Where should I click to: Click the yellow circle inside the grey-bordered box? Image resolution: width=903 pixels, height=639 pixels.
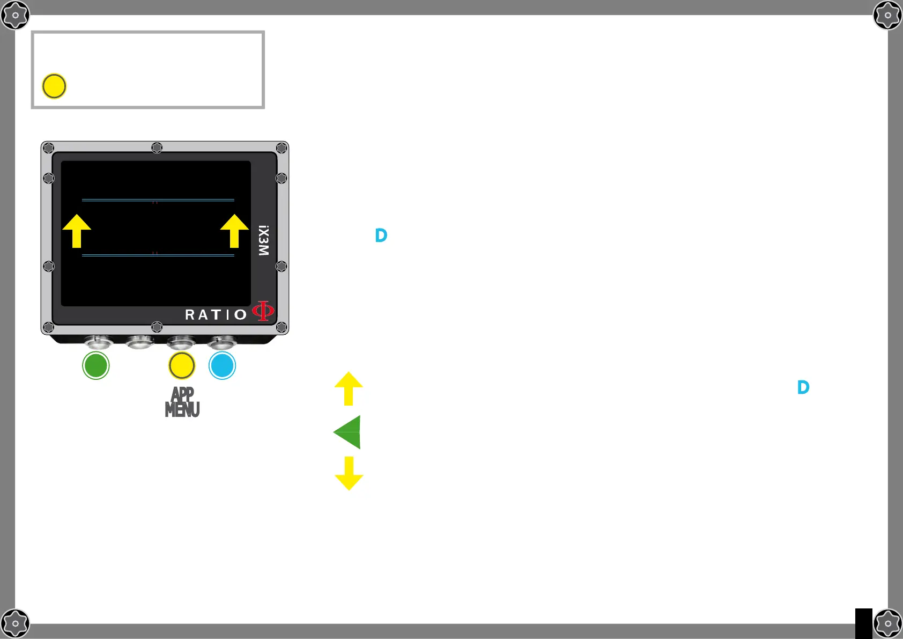coord(54,86)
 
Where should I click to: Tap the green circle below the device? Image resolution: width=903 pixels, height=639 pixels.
coord(96,365)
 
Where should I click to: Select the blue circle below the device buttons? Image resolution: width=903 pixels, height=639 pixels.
coord(222,365)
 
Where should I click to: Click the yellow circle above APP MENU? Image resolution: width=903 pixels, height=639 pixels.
coord(182,365)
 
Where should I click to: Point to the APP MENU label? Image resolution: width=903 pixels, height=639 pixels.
coord(182,402)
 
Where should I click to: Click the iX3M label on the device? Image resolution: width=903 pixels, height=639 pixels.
coord(263,240)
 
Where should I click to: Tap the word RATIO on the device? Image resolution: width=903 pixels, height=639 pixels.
coord(216,314)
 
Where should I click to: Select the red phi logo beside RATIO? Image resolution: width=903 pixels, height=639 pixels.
coord(263,311)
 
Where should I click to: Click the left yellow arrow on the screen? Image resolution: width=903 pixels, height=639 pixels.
coord(77,231)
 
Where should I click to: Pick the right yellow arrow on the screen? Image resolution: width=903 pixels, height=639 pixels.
coord(234,231)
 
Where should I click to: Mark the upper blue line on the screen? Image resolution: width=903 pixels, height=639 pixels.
coord(158,200)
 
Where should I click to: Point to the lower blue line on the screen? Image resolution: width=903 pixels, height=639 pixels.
coord(158,255)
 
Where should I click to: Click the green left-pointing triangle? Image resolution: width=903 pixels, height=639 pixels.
coord(348,432)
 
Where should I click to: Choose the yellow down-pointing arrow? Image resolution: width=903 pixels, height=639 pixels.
coord(349,473)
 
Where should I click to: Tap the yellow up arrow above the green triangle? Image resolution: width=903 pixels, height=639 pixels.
coord(349,388)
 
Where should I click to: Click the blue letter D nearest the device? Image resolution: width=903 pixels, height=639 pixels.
coord(381,235)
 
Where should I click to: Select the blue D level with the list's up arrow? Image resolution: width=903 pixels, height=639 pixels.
coord(803,387)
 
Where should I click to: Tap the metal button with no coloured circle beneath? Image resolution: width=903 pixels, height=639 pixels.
coord(140,341)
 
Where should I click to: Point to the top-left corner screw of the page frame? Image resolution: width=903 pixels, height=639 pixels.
coord(15,15)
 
